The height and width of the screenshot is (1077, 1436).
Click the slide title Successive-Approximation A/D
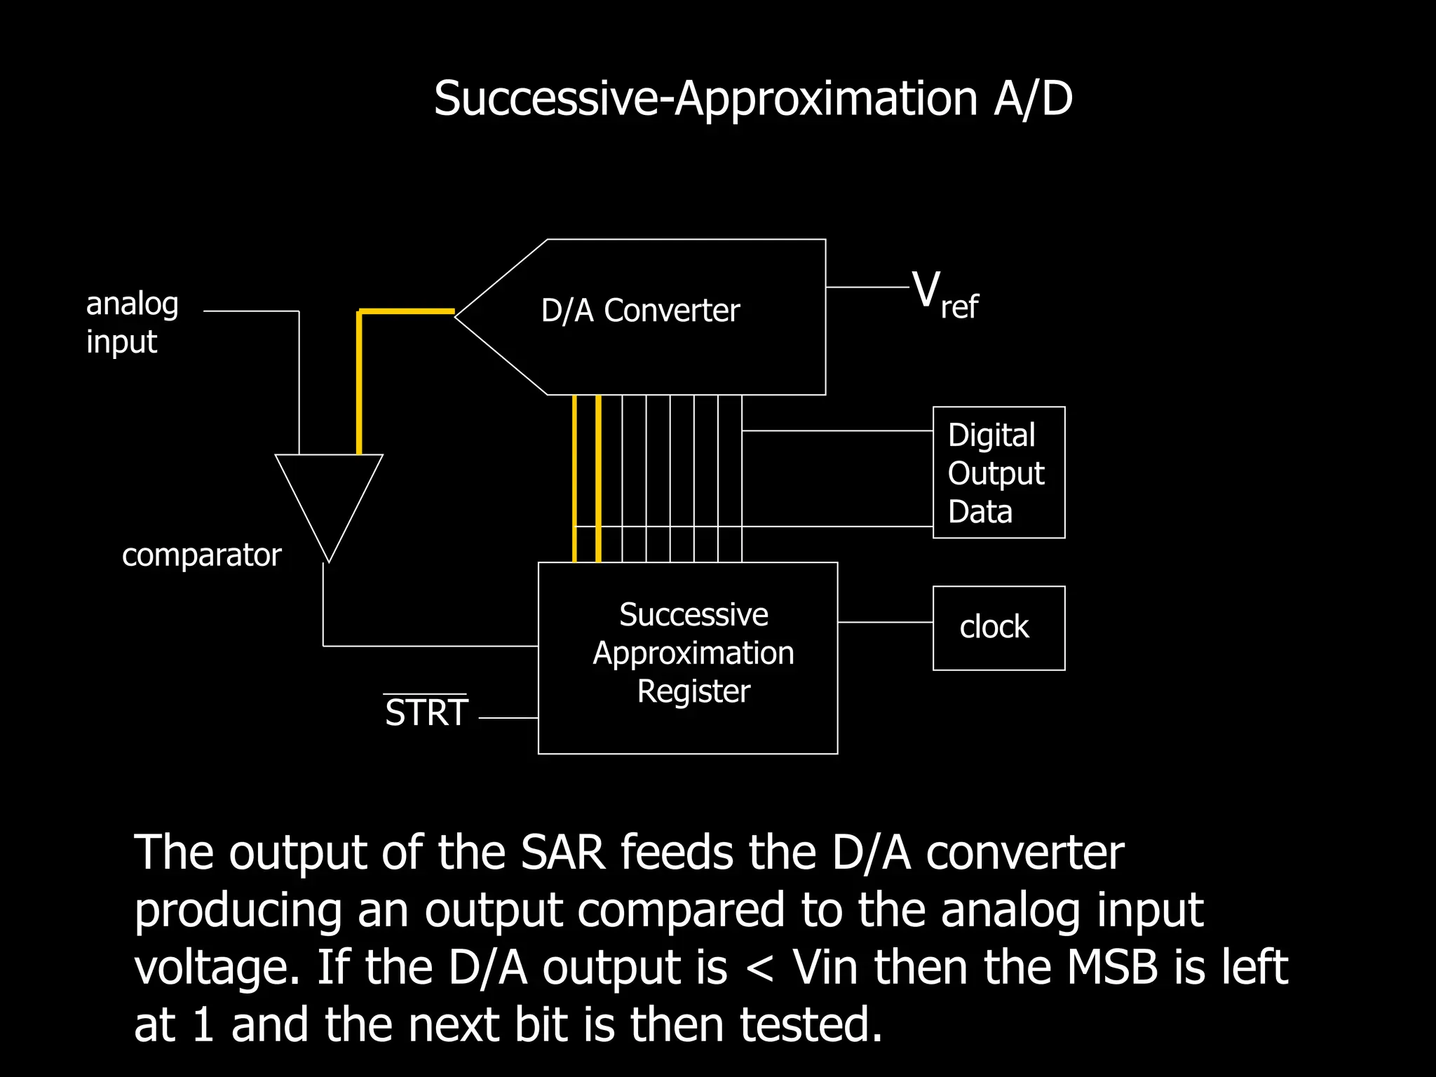coord(752,98)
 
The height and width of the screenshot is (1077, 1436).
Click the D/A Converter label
coord(640,311)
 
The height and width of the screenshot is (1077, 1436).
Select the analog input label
coord(132,323)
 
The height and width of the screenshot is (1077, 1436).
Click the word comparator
coord(201,555)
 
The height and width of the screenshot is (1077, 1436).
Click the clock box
coord(998,628)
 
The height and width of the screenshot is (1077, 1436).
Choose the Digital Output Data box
coord(998,473)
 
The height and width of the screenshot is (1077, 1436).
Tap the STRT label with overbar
coord(426,712)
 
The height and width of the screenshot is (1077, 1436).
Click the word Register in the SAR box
coord(693,691)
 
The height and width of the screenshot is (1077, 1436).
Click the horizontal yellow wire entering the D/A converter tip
coord(407,311)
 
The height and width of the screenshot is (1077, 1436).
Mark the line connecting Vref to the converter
coord(867,287)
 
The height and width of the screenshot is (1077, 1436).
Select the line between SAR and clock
coord(885,622)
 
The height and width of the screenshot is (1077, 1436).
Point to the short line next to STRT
coord(508,718)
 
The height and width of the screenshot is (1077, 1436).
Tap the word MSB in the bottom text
coord(1112,968)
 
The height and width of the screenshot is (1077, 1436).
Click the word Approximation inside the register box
coord(693,653)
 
